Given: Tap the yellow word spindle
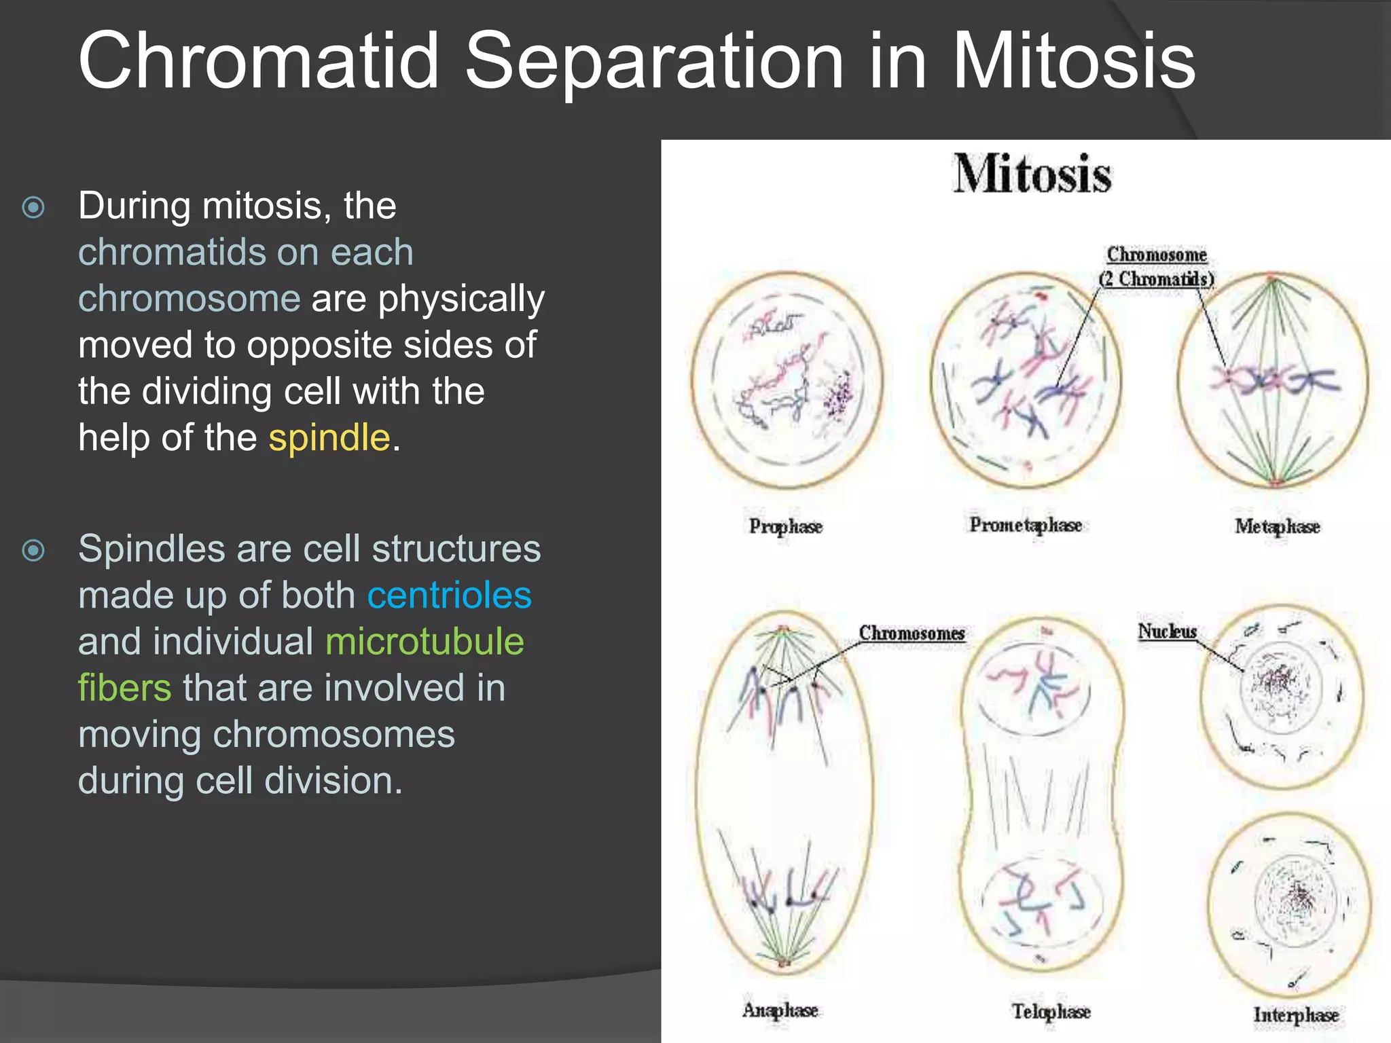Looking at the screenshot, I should (329, 437).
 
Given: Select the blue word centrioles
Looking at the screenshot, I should (449, 596).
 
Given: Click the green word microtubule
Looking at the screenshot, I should (424, 642).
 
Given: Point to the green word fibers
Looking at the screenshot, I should (124, 688).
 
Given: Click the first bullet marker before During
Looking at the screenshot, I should (33, 207).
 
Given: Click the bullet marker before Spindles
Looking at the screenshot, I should (33, 550).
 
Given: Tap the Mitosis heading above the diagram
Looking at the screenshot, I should (1032, 174).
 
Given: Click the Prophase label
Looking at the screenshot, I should (785, 526).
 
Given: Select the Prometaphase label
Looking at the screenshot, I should (1025, 525).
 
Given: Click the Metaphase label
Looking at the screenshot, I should (1276, 526).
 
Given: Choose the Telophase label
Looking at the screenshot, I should (1051, 1011).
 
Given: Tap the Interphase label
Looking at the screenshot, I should (1295, 1014).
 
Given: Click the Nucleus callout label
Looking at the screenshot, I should (1167, 632).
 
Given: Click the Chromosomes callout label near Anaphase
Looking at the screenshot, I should (911, 633).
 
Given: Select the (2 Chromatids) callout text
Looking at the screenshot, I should (1156, 279).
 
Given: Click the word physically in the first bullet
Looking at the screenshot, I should (461, 299).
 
